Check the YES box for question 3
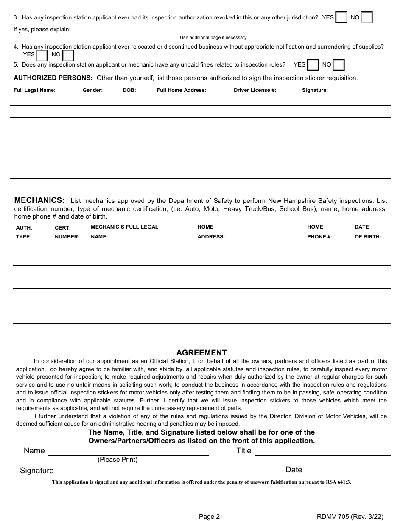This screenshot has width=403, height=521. (341, 18)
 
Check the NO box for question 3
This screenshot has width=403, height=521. (367, 18)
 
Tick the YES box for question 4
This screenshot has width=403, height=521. (42, 55)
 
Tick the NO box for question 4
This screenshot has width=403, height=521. (68, 55)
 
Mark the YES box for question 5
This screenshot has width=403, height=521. (313, 65)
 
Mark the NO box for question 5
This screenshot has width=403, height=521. (339, 65)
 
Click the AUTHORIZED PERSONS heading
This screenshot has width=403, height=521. (53, 78)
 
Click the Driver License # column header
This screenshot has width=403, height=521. (255, 90)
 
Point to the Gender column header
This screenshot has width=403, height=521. (92, 90)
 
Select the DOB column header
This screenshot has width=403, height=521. (129, 90)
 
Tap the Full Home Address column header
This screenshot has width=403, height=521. (182, 90)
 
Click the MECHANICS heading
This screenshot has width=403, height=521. (39, 200)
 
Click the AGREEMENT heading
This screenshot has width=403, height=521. (201, 353)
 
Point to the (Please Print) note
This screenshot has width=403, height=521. (118, 460)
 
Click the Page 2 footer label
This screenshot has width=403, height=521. (209, 516)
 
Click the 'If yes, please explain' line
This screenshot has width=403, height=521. (231, 30)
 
